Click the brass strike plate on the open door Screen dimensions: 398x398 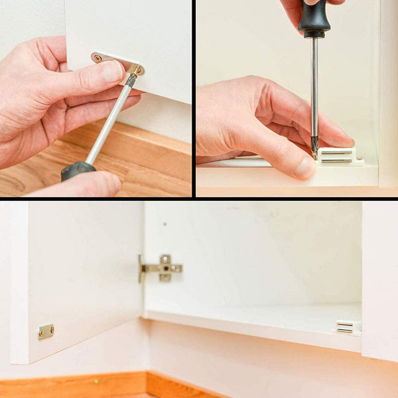[x=45, y=332]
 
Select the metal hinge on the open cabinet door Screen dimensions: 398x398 [x=161, y=268]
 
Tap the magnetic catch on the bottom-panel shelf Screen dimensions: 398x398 [x=344, y=326]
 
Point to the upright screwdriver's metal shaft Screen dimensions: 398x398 [x=314, y=86]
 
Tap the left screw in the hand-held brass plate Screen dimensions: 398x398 [x=98, y=58]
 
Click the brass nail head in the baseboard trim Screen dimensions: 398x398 [x=96, y=382]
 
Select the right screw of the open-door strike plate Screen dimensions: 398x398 [x=50, y=330]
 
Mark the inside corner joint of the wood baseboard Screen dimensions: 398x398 [x=147, y=383]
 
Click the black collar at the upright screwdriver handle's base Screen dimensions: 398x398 [x=314, y=33]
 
